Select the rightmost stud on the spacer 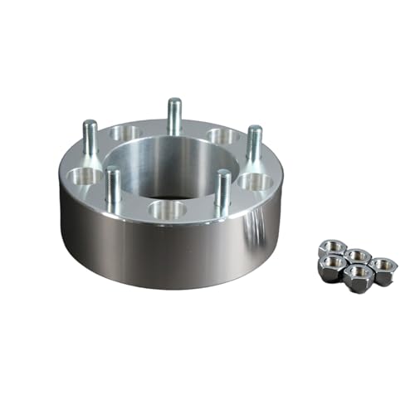coord(254,143)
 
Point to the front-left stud coord(114,188)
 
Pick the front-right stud coord(222,188)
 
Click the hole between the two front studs coord(167,209)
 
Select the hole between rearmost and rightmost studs coord(223,134)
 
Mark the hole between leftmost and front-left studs coord(85,176)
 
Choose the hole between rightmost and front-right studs coord(257,181)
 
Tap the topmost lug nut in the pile coord(333,248)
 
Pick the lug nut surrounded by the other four coord(358,256)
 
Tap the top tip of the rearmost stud coord(173,101)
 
